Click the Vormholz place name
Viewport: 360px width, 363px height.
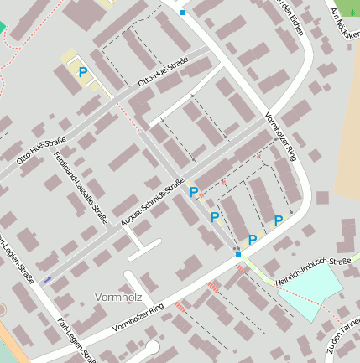coord(122,297)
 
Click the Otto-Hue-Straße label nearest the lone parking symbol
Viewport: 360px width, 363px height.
coord(163,74)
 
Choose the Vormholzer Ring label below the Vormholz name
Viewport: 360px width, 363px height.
coord(138,316)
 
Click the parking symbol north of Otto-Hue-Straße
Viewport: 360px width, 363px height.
coord(83,73)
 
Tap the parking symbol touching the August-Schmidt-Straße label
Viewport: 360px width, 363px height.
coord(194,193)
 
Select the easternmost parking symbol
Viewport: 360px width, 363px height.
coord(278,220)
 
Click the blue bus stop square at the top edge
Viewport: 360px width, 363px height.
coord(181,13)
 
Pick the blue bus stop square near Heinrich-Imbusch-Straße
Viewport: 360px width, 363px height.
coord(238,254)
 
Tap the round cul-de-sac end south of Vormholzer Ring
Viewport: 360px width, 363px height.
coord(152,347)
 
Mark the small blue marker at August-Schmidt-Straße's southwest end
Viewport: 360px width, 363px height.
coord(46,279)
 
